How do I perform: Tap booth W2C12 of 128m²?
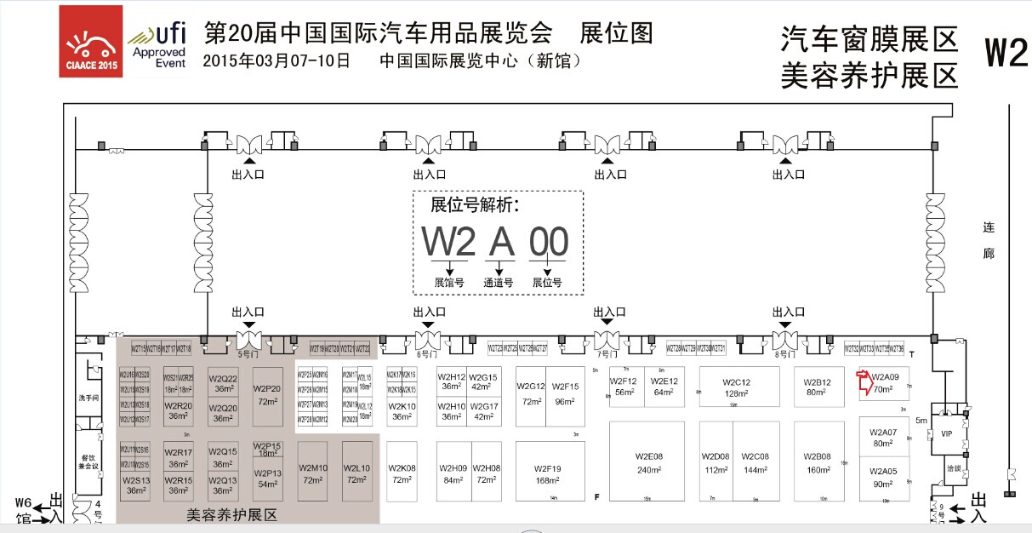736,387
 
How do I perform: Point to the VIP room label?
946,433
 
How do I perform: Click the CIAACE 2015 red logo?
90,41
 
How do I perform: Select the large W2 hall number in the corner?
1006,53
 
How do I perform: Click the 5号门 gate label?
248,352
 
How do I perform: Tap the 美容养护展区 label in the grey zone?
231,515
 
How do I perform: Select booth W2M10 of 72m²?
312,473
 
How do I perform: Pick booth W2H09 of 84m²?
453,473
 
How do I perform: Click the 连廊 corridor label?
989,241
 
